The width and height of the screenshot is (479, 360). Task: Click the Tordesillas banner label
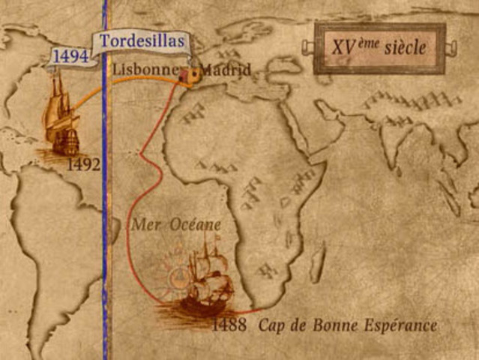click(x=142, y=41)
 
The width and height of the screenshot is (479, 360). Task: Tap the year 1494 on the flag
click(x=70, y=56)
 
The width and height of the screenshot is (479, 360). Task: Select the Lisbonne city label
click(x=144, y=69)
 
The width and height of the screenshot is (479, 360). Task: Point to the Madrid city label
click(x=225, y=70)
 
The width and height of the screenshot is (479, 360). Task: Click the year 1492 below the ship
click(x=83, y=165)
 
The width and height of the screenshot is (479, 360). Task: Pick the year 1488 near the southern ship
click(x=228, y=325)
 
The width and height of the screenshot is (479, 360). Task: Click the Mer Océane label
click(x=176, y=224)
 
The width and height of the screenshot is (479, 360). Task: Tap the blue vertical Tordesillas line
click(x=106, y=225)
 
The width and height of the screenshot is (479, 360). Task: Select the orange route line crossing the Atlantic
click(x=135, y=93)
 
